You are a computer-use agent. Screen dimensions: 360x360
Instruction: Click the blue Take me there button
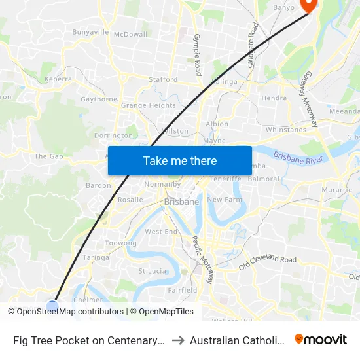click(180, 160)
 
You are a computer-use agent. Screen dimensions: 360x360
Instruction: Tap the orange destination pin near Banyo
click(307, 5)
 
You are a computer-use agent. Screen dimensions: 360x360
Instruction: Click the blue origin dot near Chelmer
click(52, 305)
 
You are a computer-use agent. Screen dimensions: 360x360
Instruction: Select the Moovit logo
click(321, 340)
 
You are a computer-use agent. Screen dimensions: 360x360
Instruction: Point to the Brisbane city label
click(181, 202)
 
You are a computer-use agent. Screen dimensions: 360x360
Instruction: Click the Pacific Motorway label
click(202, 259)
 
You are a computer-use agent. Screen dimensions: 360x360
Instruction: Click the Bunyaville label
click(90, 32)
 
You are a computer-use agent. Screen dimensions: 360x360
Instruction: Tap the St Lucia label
click(152, 270)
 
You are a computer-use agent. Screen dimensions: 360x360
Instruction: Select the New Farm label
click(225, 199)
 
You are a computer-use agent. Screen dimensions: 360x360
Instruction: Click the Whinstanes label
click(285, 130)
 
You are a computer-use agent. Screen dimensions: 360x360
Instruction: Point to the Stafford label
click(163, 79)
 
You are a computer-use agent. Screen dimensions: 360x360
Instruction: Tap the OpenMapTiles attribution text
click(164, 312)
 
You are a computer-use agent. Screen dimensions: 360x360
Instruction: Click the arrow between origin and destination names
click(178, 340)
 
